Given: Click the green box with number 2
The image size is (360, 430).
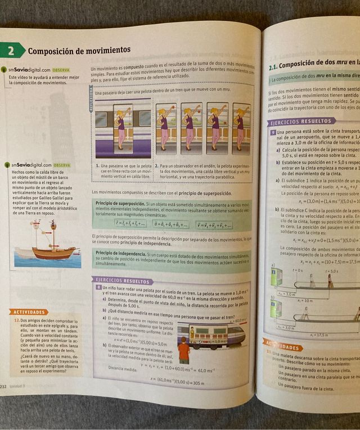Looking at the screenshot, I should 12,51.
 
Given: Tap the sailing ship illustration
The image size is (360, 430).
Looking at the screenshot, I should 52,240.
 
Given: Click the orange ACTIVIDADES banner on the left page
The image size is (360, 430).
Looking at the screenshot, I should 28,311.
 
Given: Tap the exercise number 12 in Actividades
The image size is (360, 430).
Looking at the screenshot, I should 17,320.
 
